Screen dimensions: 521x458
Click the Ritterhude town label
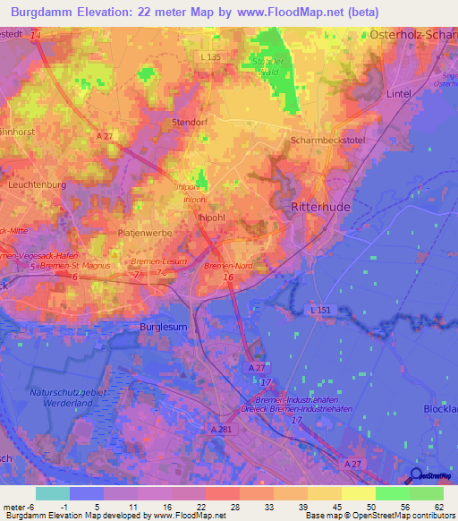tap(320, 206)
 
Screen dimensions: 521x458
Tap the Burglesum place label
tap(164, 328)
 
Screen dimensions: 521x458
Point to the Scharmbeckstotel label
tap(325, 141)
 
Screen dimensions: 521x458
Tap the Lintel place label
tap(399, 92)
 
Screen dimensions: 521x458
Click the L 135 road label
tap(210, 56)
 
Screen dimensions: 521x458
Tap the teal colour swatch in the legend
tap(53, 493)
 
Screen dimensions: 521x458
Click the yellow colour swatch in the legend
tap(358, 493)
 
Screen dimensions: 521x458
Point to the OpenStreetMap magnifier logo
tap(416, 475)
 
